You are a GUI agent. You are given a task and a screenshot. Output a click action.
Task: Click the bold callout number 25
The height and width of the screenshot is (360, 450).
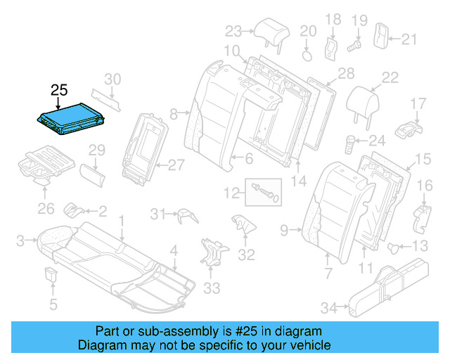point(59,90)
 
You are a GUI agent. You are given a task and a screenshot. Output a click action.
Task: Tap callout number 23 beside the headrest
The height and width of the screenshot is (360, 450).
point(233,31)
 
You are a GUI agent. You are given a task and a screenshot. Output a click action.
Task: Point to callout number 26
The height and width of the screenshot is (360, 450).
point(46,208)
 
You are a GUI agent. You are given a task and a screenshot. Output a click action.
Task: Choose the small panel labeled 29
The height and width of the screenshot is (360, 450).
point(89,173)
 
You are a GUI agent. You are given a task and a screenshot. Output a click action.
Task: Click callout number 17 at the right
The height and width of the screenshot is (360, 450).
point(418,104)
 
